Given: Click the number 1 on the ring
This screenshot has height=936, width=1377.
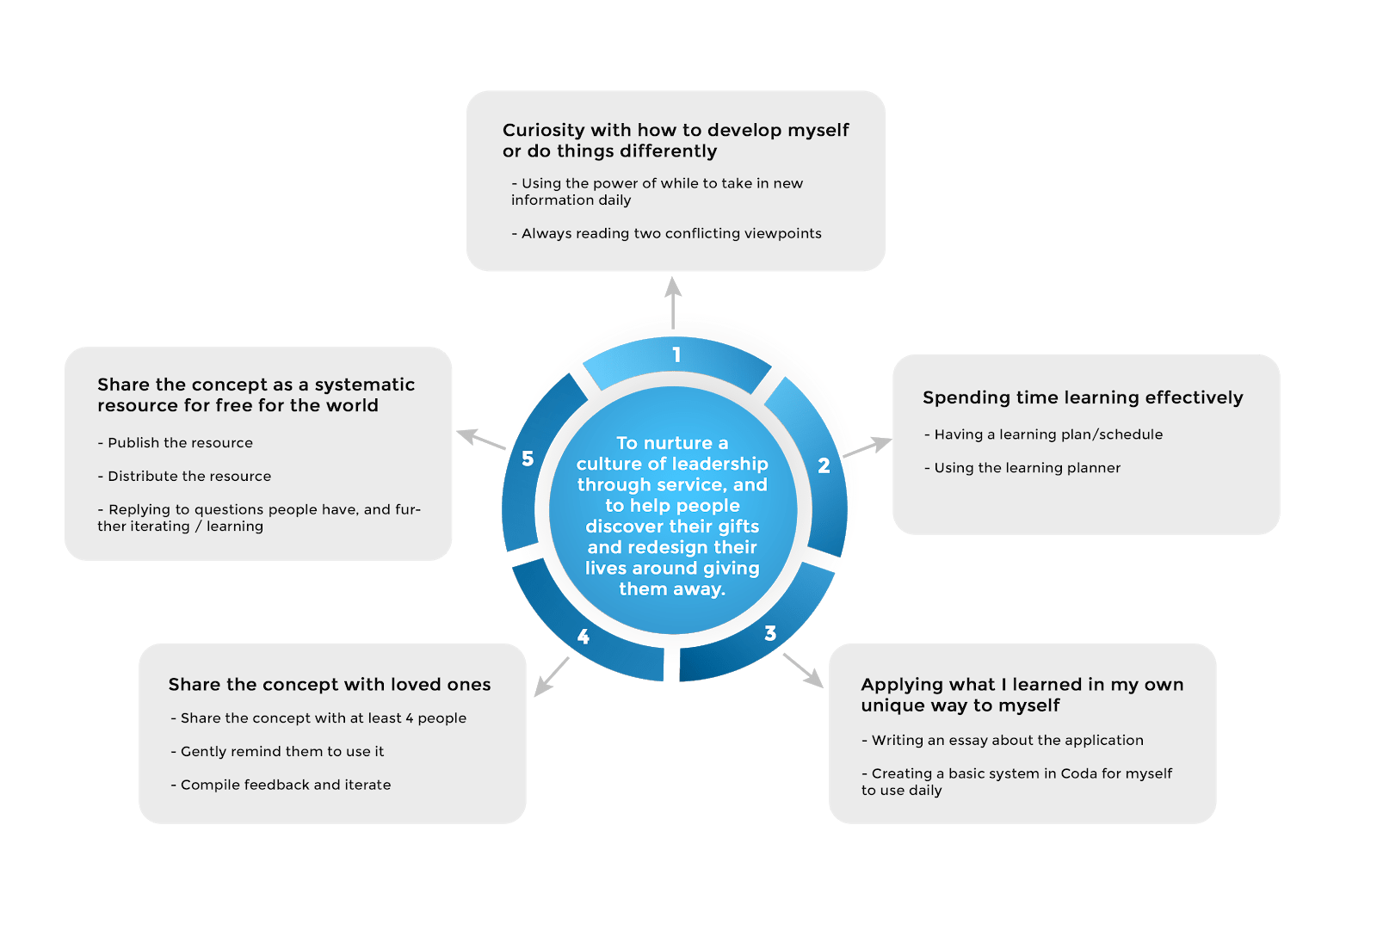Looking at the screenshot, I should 676,354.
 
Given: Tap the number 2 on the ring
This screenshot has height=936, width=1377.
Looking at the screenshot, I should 824,465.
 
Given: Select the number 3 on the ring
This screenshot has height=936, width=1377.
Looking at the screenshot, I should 770,634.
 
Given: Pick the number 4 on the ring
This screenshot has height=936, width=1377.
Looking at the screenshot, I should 584,637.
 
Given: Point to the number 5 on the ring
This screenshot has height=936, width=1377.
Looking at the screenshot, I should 528,459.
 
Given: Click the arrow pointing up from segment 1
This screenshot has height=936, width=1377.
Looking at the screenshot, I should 673,301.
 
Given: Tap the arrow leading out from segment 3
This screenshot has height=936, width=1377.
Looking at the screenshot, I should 803,670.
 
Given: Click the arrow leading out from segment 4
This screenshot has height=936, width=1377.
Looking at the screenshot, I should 552,677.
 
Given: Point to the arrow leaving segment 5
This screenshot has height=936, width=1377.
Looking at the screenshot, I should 480,439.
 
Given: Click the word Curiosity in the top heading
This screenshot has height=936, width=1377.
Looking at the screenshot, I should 543,130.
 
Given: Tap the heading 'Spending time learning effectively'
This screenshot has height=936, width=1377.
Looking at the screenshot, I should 1083,397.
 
